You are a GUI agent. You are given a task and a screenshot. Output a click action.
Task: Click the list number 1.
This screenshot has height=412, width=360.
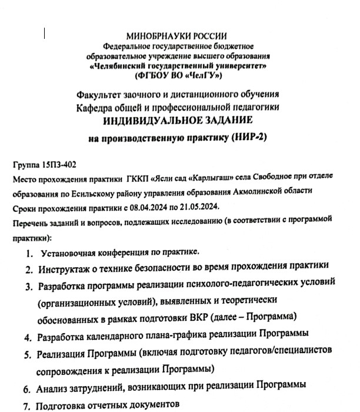[x=29, y=254]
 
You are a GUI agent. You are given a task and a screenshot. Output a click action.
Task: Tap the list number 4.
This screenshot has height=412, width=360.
[x=28, y=338]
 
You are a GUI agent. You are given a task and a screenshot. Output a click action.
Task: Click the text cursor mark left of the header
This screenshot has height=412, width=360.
[x=45, y=34]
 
